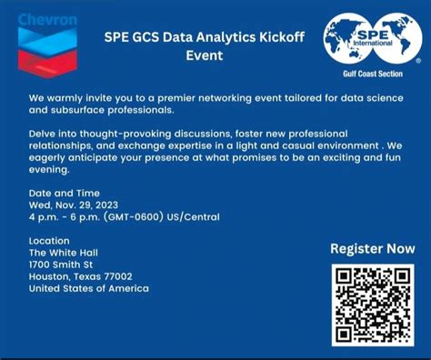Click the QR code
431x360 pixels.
(373, 305)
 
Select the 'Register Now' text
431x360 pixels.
(372, 248)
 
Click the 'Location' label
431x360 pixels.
(50, 240)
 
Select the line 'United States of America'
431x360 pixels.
(88, 289)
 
